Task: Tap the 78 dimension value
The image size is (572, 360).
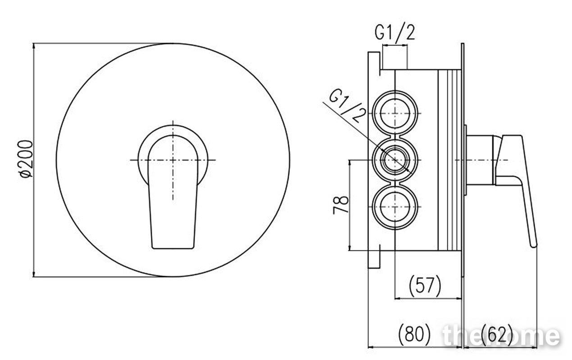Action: click(340, 205)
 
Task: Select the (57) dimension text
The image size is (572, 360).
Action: click(425, 286)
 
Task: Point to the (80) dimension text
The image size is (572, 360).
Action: click(414, 333)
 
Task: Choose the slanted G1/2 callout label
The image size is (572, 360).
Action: click(347, 107)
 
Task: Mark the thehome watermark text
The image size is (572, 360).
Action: click(502, 336)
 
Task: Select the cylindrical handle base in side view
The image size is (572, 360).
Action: click(481, 160)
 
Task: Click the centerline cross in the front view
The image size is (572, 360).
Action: click(173, 160)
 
